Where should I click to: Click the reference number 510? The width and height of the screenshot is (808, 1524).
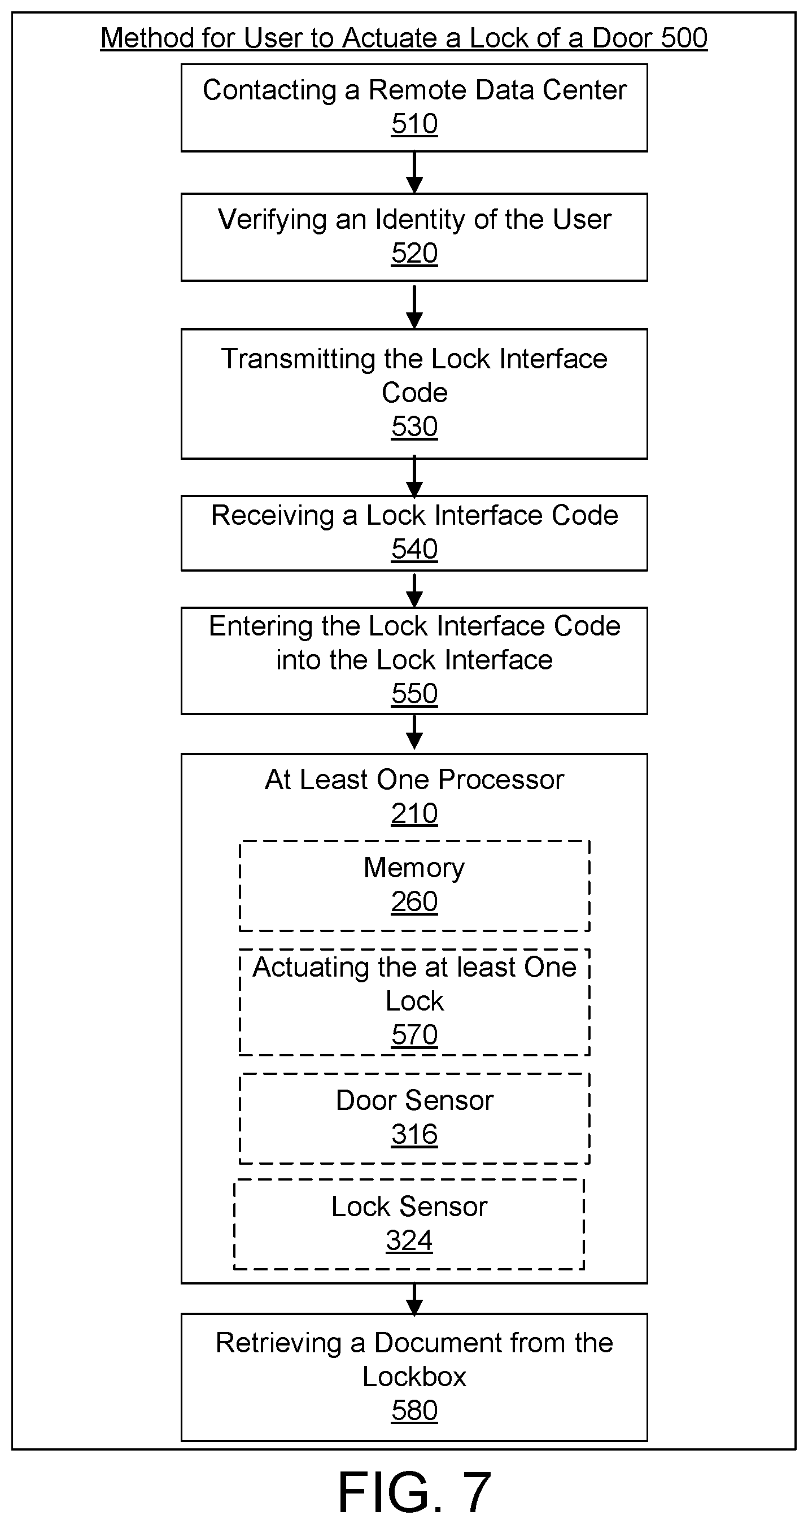point(414,124)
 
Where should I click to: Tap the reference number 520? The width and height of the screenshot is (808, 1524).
point(414,253)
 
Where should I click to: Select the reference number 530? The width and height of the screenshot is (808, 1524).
point(414,426)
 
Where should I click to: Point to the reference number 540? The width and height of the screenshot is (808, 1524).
point(414,549)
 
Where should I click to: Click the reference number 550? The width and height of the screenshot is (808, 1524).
point(414,694)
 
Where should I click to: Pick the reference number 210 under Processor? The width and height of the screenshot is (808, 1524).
point(414,813)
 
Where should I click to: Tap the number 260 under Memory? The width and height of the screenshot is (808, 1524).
point(414,902)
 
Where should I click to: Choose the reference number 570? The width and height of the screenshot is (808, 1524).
point(414,1035)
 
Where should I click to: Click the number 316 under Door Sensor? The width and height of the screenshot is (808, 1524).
point(414,1134)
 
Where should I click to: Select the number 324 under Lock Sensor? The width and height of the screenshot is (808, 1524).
point(409,1240)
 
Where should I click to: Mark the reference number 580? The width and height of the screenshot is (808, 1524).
point(414,1410)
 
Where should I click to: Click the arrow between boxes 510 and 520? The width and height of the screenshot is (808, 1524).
point(414,173)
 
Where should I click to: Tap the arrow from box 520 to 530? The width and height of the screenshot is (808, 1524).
point(414,307)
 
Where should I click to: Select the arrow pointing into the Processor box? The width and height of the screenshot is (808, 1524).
point(414,733)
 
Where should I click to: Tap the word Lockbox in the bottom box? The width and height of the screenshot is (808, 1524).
point(414,1377)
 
